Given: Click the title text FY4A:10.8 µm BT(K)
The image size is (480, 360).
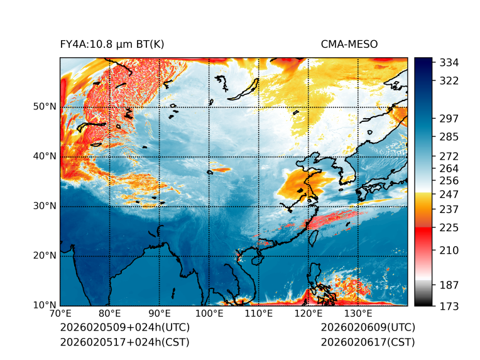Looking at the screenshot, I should pos(112,44).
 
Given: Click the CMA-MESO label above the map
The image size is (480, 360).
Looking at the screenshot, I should pos(349,44).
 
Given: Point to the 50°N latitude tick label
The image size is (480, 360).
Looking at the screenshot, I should pos(45,107).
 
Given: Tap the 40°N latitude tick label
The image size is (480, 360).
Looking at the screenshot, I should pos(45,156).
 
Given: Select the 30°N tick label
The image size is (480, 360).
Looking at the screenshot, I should pos(45,206).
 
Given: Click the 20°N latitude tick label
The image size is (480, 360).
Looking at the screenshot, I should pos(45,256).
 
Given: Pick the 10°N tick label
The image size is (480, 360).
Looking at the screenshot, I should pos(45,305).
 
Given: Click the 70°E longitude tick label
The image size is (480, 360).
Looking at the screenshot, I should pos(61,314).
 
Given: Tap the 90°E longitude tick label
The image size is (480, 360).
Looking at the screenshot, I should pos(160,314).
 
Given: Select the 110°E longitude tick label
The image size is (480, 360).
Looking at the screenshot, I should pos(258,314).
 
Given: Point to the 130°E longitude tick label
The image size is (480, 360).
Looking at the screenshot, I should pos(357,314).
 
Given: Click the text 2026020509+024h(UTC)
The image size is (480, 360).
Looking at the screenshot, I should pos(124,327).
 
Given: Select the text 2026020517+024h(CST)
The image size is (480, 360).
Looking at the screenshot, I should pos(124,342).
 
